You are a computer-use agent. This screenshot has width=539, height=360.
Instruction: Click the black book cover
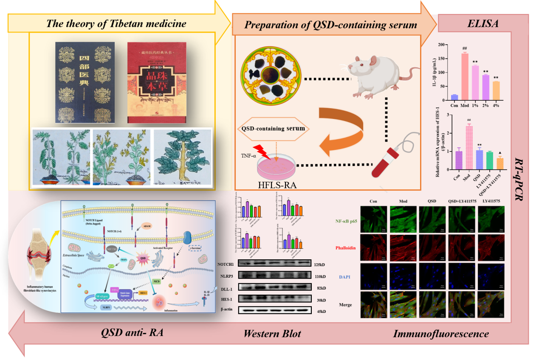tap(86, 82)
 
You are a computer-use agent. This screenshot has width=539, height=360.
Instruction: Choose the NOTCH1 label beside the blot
tap(226, 264)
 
